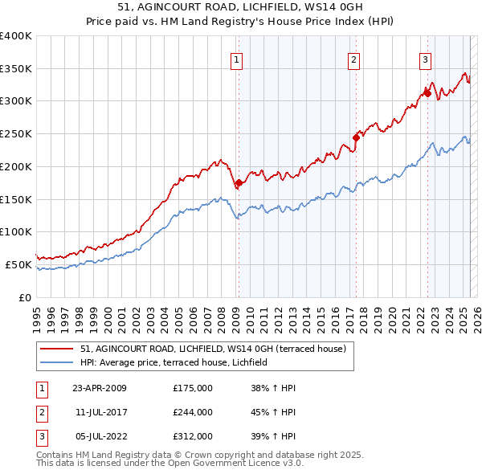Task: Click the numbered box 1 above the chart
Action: (238, 59)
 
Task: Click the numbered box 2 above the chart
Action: (353, 59)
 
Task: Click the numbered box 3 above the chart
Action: (425, 59)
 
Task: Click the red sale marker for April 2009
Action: (239, 183)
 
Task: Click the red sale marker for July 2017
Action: (356, 137)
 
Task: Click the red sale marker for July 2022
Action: (427, 93)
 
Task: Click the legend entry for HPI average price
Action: (178, 363)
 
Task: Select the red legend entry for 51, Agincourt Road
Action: (213, 349)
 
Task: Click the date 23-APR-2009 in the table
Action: (99, 388)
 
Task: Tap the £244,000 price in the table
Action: (193, 412)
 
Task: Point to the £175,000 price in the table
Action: (193, 388)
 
